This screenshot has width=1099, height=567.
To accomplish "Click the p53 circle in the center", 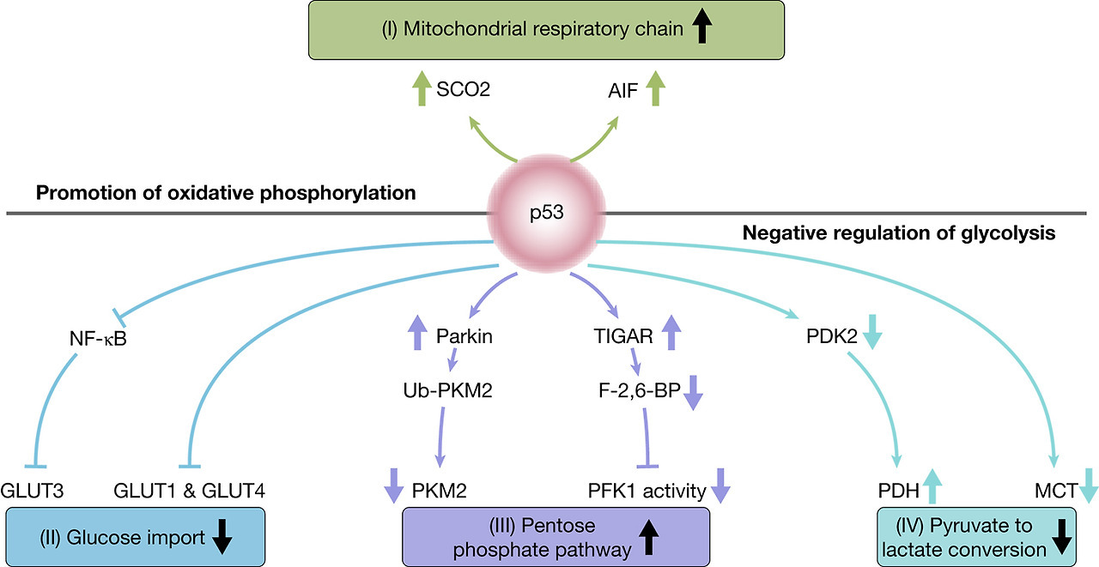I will [549, 212].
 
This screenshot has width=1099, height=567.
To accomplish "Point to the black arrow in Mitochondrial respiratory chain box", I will [702, 28].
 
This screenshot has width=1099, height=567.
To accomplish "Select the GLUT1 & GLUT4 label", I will [190, 492].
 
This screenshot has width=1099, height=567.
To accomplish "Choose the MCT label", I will [1059, 492].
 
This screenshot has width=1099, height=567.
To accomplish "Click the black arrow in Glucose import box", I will [222, 537].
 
